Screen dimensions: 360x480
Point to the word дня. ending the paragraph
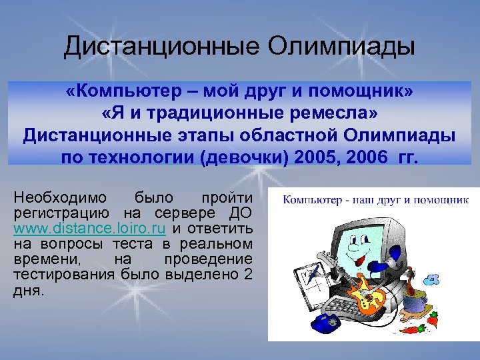(x=27, y=291)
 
